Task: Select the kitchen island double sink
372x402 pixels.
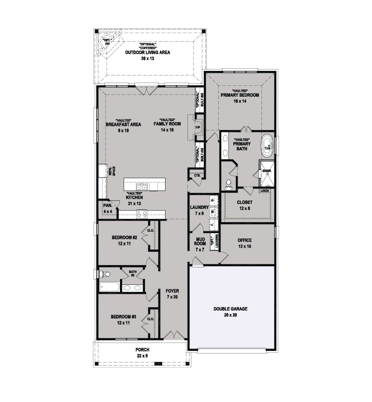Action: click(x=142, y=187)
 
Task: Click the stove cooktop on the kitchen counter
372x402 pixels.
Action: click(x=142, y=214)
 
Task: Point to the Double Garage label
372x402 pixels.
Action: click(x=230, y=309)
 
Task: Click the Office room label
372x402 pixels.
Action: click(x=244, y=240)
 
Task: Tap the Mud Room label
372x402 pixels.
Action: click(x=200, y=241)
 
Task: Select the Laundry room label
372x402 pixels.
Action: click(x=199, y=207)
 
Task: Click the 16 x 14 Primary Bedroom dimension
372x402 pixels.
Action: click(x=240, y=101)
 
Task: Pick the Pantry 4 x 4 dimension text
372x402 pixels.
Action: click(x=108, y=212)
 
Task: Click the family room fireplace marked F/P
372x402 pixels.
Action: click(x=198, y=127)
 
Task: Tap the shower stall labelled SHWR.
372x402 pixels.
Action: click(x=267, y=173)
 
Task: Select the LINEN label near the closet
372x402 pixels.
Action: click(x=265, y=191)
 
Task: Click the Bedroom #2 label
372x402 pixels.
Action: click(x=125, y=237)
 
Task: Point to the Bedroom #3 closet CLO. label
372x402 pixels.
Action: click(x=151, y=319)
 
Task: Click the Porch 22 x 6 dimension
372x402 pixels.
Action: click(x=142, y=356)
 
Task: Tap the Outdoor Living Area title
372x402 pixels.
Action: click(x=148, y=52)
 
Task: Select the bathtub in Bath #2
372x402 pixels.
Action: click(x=109, y=287)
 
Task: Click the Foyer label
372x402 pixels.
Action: click(x=172, y=291)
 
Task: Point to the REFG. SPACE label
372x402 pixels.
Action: click(x=112, y=171)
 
